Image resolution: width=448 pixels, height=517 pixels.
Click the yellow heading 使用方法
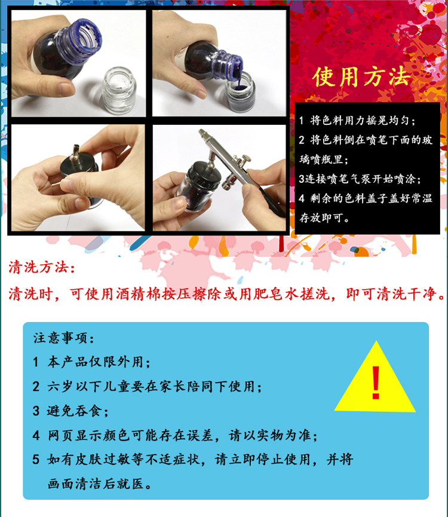click(x=362, y=77)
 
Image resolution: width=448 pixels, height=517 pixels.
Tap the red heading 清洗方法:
click(x=42, y=267)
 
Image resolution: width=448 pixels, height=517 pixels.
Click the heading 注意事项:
click(x=63, y=338)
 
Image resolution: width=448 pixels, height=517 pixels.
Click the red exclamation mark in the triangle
click(x=376, y=383)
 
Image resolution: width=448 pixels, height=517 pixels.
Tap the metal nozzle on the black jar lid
click(x=76, y=152)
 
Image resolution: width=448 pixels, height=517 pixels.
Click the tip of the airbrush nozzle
click(x=200, y=131)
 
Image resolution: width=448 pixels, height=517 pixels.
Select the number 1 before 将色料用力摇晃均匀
click(x=301, y=120)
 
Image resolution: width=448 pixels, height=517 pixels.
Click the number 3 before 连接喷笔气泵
click(x=302, y=179)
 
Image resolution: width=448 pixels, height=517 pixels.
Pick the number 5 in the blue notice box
click(x=36, y=459)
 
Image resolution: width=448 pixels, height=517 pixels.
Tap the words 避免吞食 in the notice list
click(x=74, y=411)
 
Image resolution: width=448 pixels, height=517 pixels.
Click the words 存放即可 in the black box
click(x=321, y=218)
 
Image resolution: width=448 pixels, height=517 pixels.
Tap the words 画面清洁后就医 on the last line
click(x=96, y=484)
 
